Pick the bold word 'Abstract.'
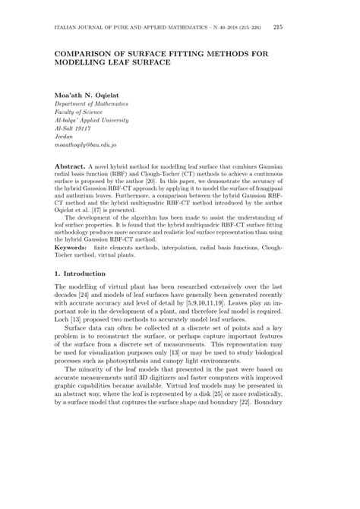(70, 165)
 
